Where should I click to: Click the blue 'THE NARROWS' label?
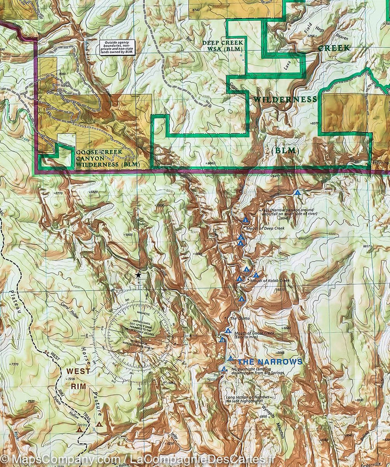270,362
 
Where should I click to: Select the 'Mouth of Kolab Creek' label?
269,280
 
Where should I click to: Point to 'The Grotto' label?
238,318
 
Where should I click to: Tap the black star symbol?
139,276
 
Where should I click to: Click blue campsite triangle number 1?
297,193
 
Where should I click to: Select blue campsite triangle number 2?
246,220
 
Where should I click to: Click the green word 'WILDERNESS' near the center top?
285,100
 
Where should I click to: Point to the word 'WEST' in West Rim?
78,372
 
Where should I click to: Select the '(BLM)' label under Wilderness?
285,150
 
